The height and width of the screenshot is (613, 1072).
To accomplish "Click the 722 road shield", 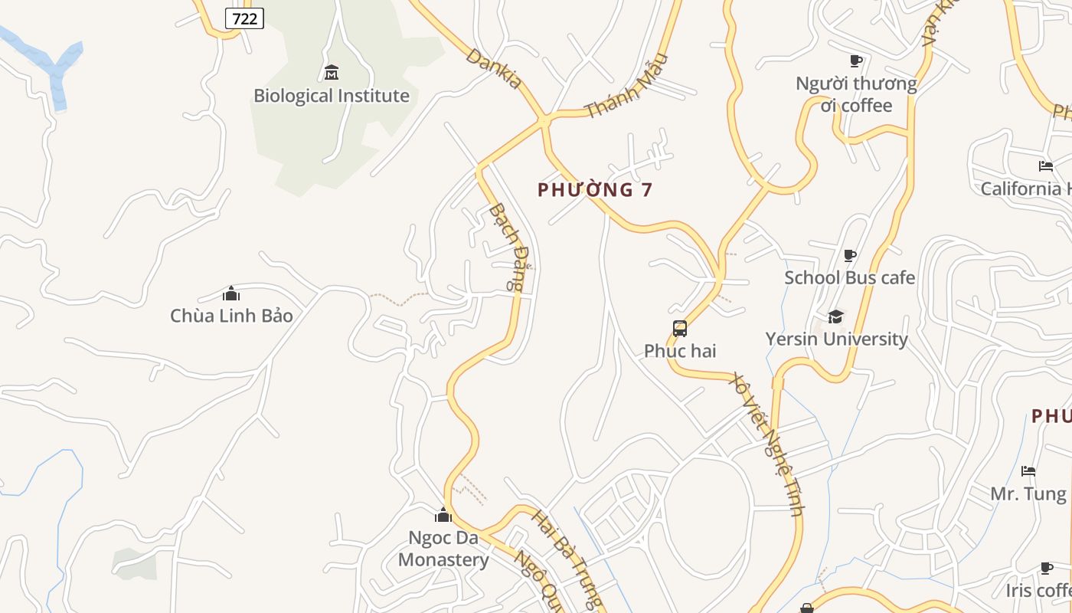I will click(x=244, y=18).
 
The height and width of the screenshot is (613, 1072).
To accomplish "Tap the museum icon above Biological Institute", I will click(x=332, y=73).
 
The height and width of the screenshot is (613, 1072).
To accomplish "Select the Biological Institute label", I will click(x=332, y=96).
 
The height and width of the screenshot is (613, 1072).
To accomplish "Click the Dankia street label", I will click(x=494, y=68).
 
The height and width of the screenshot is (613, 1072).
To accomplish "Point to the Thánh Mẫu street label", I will click(x=626, y=86).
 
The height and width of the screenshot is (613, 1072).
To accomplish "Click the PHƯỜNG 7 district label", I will click(x=595, y=190).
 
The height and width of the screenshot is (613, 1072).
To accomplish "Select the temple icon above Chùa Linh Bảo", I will click(x=231, y=293).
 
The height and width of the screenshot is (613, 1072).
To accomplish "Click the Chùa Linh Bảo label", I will click(x=231, y=315).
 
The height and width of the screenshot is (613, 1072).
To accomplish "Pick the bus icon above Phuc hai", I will click(x=680, y=329).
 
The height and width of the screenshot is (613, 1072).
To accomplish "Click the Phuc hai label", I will click(x=680, y=350).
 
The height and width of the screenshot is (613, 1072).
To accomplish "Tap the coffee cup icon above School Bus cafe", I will click(x=849, y=255).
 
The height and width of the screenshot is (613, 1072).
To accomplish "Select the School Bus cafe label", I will click(x=849, y=277).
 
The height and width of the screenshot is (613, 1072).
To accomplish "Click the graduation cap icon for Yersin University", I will click(x=836, y=316).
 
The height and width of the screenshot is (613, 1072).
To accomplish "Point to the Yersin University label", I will click(x=836, y=339).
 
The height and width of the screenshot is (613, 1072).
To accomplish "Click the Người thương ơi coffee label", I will click(x=856, y=94).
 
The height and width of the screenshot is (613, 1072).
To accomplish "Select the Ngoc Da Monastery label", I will click(x=443, y=549).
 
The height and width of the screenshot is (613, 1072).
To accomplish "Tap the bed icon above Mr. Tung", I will click(x=1028, y=470).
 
